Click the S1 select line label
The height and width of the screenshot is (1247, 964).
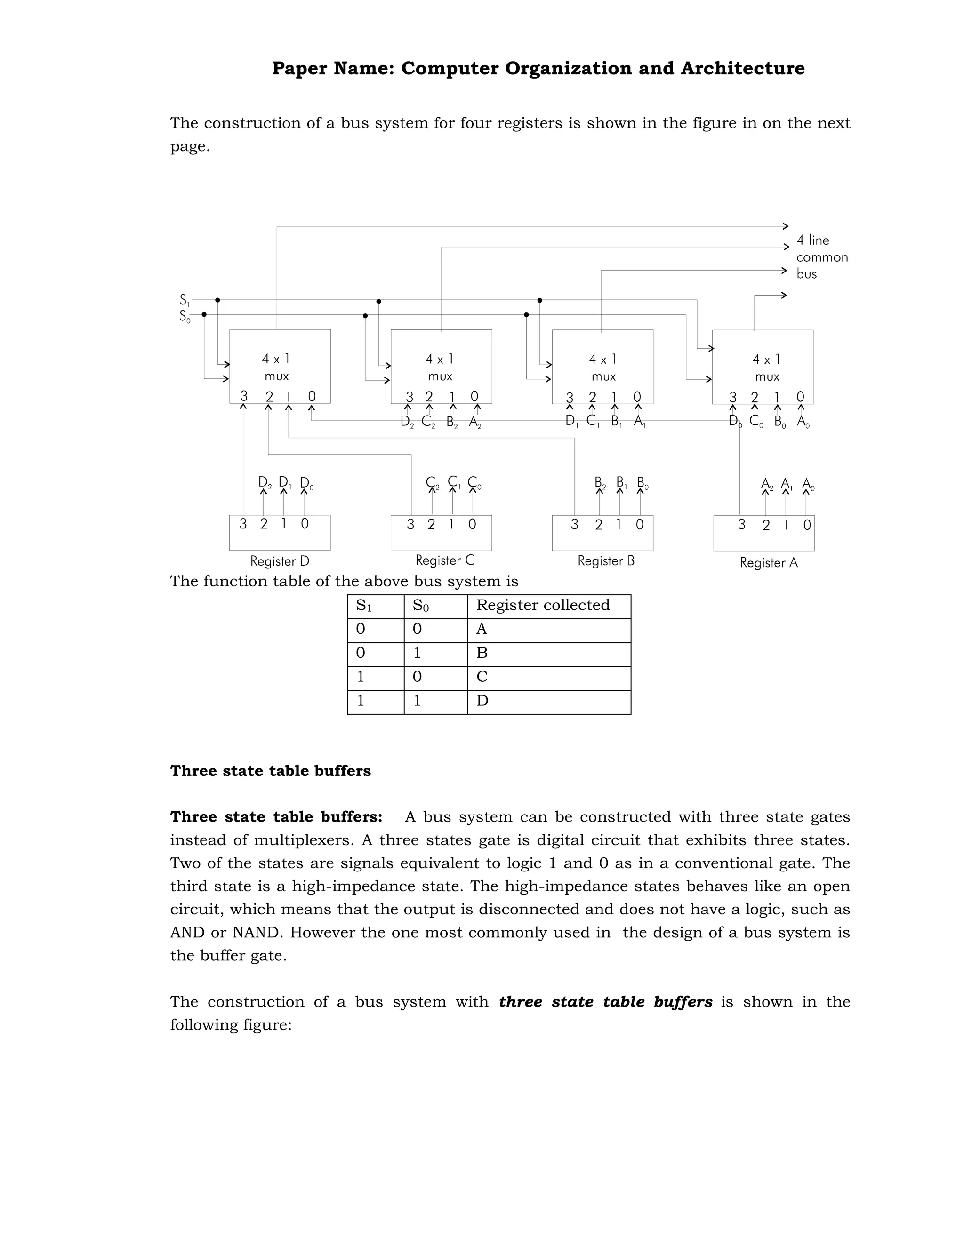click(185, 300)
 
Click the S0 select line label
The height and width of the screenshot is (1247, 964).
click(185, 316)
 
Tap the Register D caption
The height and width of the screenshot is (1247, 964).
click(280, 561)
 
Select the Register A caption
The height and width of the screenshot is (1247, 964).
click(769, 562)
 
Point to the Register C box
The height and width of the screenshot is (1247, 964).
click(441, 533)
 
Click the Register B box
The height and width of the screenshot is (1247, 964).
click(602, 533)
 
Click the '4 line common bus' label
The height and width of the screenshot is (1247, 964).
click(821, 257)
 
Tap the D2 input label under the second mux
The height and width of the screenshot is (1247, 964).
click(407, 422)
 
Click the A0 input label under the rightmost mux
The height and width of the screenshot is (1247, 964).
click(803, 422)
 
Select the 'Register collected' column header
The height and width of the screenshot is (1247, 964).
click(543, 605)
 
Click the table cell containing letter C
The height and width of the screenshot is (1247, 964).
click(482, 677)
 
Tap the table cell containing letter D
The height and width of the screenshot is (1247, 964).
click(482, 701)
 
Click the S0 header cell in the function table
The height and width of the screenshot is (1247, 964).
click(420, 606)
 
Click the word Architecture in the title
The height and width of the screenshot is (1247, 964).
click(742, 69)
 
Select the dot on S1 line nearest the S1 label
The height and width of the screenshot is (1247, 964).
click(217, 300)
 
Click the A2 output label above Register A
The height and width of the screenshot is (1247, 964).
click(766, 485)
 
